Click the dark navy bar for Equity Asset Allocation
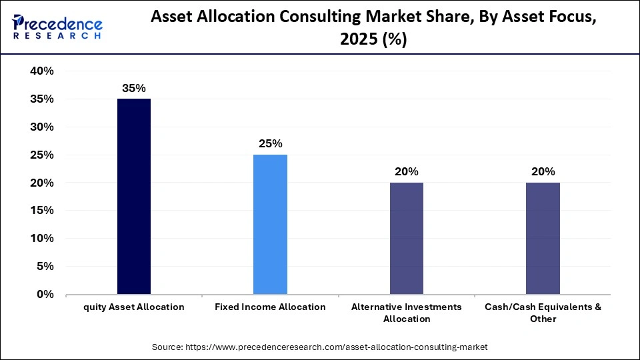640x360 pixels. coord(134,197)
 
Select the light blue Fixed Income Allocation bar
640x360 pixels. coord(270,225)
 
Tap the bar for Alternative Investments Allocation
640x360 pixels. coord(406,239)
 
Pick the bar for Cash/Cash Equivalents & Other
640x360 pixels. coord(543,239)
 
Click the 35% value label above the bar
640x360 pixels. coord(134,88)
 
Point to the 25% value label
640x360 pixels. coord(270,144)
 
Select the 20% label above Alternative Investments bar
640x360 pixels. coord(406,172)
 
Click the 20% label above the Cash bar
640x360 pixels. coord(543,172)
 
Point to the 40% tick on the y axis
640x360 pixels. coord(41,71)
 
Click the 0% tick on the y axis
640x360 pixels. coord(45,294)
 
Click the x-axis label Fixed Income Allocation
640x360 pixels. coord(270,307)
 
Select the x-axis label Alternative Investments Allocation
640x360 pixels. coord(406,313)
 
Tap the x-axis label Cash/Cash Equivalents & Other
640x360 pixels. coord(543,313)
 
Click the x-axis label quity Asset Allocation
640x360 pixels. coord(134,307)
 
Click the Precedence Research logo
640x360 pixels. coord(57,27)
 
